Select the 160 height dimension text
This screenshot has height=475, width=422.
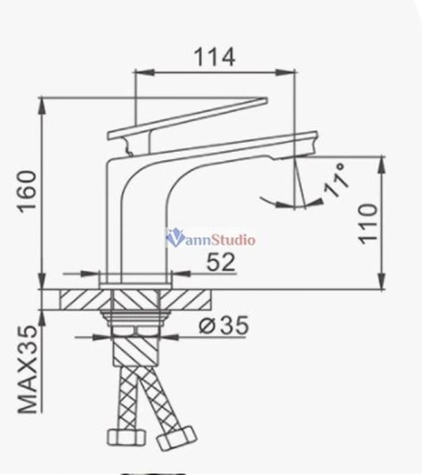[x=25, y=192]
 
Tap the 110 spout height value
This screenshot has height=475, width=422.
[x=367, y=223]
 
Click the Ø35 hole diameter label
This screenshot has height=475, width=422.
[x=223, y=325]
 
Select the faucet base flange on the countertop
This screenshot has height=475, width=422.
[x=136, y=280]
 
